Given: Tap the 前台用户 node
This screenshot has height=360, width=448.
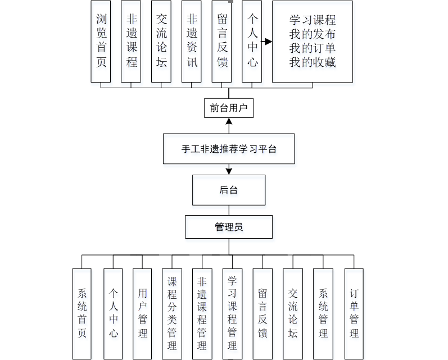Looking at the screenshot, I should tap(229, 108).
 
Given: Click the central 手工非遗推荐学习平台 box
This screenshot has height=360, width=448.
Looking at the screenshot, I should tap(229, 149).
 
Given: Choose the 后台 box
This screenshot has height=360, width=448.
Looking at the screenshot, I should tap(229, 190).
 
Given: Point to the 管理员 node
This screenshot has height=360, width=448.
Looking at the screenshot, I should tap(229, 227).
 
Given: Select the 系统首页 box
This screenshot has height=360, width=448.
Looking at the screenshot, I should tap(82, 313).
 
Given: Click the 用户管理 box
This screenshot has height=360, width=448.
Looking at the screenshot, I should tap(143, 313).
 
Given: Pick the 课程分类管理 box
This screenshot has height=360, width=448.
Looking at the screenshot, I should tap(173, 313).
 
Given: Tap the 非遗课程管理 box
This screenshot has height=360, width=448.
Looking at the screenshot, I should tap(202, 313).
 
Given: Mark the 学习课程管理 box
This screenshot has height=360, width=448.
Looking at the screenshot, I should tap(232, 313).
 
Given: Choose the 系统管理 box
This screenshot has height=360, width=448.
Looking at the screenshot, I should tap(323, 313).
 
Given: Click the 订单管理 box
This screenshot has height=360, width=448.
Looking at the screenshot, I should tap(354, 313).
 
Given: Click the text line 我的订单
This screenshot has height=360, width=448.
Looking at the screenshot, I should tap(313, 48).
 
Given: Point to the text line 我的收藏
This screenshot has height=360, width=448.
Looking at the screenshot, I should tap(313, 62).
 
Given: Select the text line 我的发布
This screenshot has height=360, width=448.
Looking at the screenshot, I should tap(313, 35).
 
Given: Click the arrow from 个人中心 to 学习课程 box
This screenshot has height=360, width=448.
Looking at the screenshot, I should tap(266, 42).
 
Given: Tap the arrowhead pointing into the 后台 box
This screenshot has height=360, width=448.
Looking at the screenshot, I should tap(229, 171).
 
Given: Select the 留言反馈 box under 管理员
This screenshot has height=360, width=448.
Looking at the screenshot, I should tap(263, 313).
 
